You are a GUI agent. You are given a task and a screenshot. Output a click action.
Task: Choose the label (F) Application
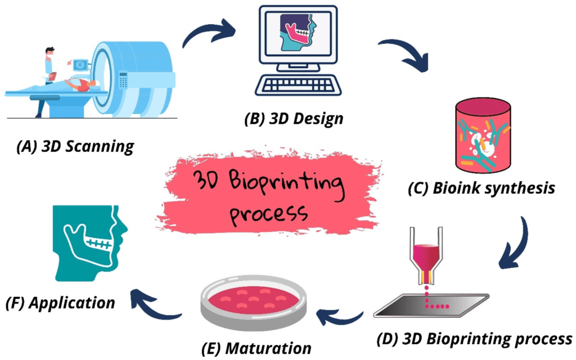coord(60,303)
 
